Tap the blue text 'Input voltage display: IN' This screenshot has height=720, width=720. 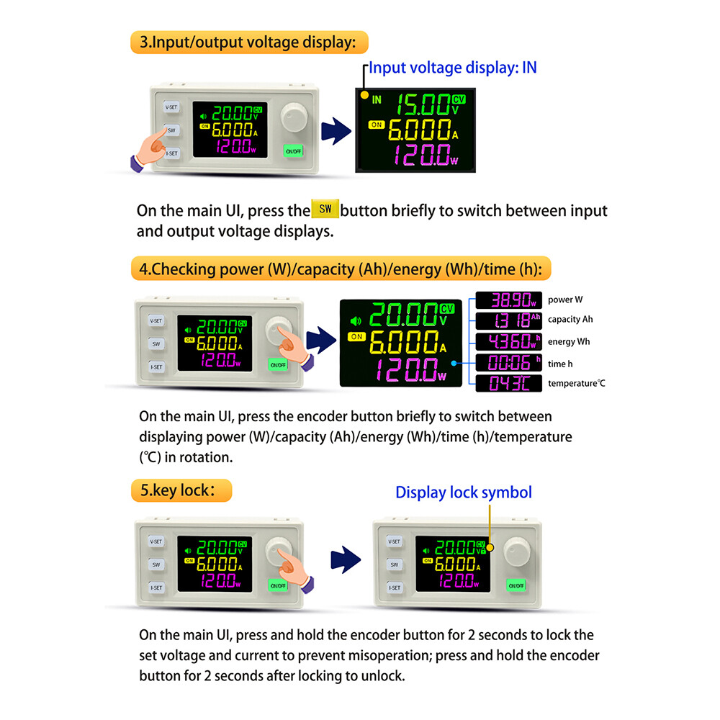[x=452, y=68]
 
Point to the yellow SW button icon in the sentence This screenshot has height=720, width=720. [x=325, y=209]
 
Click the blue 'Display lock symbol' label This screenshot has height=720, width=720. [x=463, y=492]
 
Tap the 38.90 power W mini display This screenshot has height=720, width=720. [x=509, y=300]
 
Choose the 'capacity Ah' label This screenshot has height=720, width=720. [x=570, y=320]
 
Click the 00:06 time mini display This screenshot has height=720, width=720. [x=509, y=363]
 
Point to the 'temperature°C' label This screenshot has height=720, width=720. [x=576, y=384]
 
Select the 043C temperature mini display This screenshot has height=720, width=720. [x=509, y=383]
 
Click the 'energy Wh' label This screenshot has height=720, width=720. [x=569, y=341]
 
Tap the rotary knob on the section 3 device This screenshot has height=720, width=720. [x=294, y=117]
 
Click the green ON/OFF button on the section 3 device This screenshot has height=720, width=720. [x=293, y=151]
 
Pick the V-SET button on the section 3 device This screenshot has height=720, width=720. [x=171, y=107]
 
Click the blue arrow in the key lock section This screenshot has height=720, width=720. [x=346, y=559]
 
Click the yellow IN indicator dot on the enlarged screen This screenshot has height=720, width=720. [x=364, y=95]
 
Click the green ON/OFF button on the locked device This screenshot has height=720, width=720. [x=516, y=585]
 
